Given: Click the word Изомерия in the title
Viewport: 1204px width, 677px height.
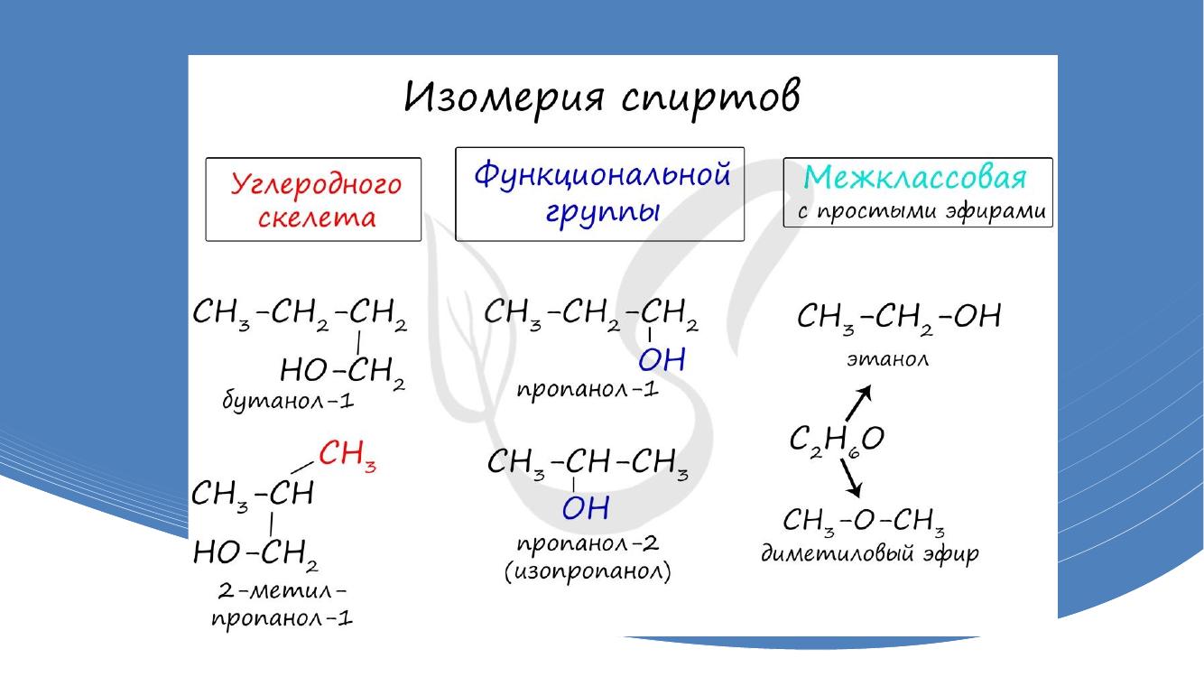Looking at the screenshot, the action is [x=504, y=97].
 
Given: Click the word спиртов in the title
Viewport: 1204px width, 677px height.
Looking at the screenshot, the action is [x=710, y=98].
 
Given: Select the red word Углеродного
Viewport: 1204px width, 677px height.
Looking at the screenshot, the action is [x=316, y=184].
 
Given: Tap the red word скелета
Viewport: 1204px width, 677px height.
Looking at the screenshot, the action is [x=317, y=218].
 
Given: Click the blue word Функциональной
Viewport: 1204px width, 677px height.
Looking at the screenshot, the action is [x=602, y=174].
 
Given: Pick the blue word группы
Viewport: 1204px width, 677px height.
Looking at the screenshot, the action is [x=603, y=212].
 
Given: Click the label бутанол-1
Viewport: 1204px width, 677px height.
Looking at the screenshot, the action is [x=288, y=401].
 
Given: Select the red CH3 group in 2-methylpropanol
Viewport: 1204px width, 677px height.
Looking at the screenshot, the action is [x=347, y=454].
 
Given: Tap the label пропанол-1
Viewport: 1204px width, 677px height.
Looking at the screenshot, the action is [x=588, y=389].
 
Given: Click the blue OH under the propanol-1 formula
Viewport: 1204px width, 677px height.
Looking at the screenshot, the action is [x=662, y=359].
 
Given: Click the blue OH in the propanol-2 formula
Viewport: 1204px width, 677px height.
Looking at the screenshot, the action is [x=586, y=507].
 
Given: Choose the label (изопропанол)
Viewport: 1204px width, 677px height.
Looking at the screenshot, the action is [x=588, y=571].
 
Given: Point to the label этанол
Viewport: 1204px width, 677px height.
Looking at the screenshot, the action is [x=888, y=358].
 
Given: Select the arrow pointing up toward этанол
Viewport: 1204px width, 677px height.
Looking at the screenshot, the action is [x=859, y=403].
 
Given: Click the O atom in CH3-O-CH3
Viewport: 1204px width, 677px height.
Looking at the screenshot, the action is [x=864, y=520].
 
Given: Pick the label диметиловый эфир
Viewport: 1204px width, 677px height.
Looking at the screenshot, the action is [x=870, y=553].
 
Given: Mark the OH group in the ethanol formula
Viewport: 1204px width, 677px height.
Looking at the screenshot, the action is [x=978, y=316].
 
